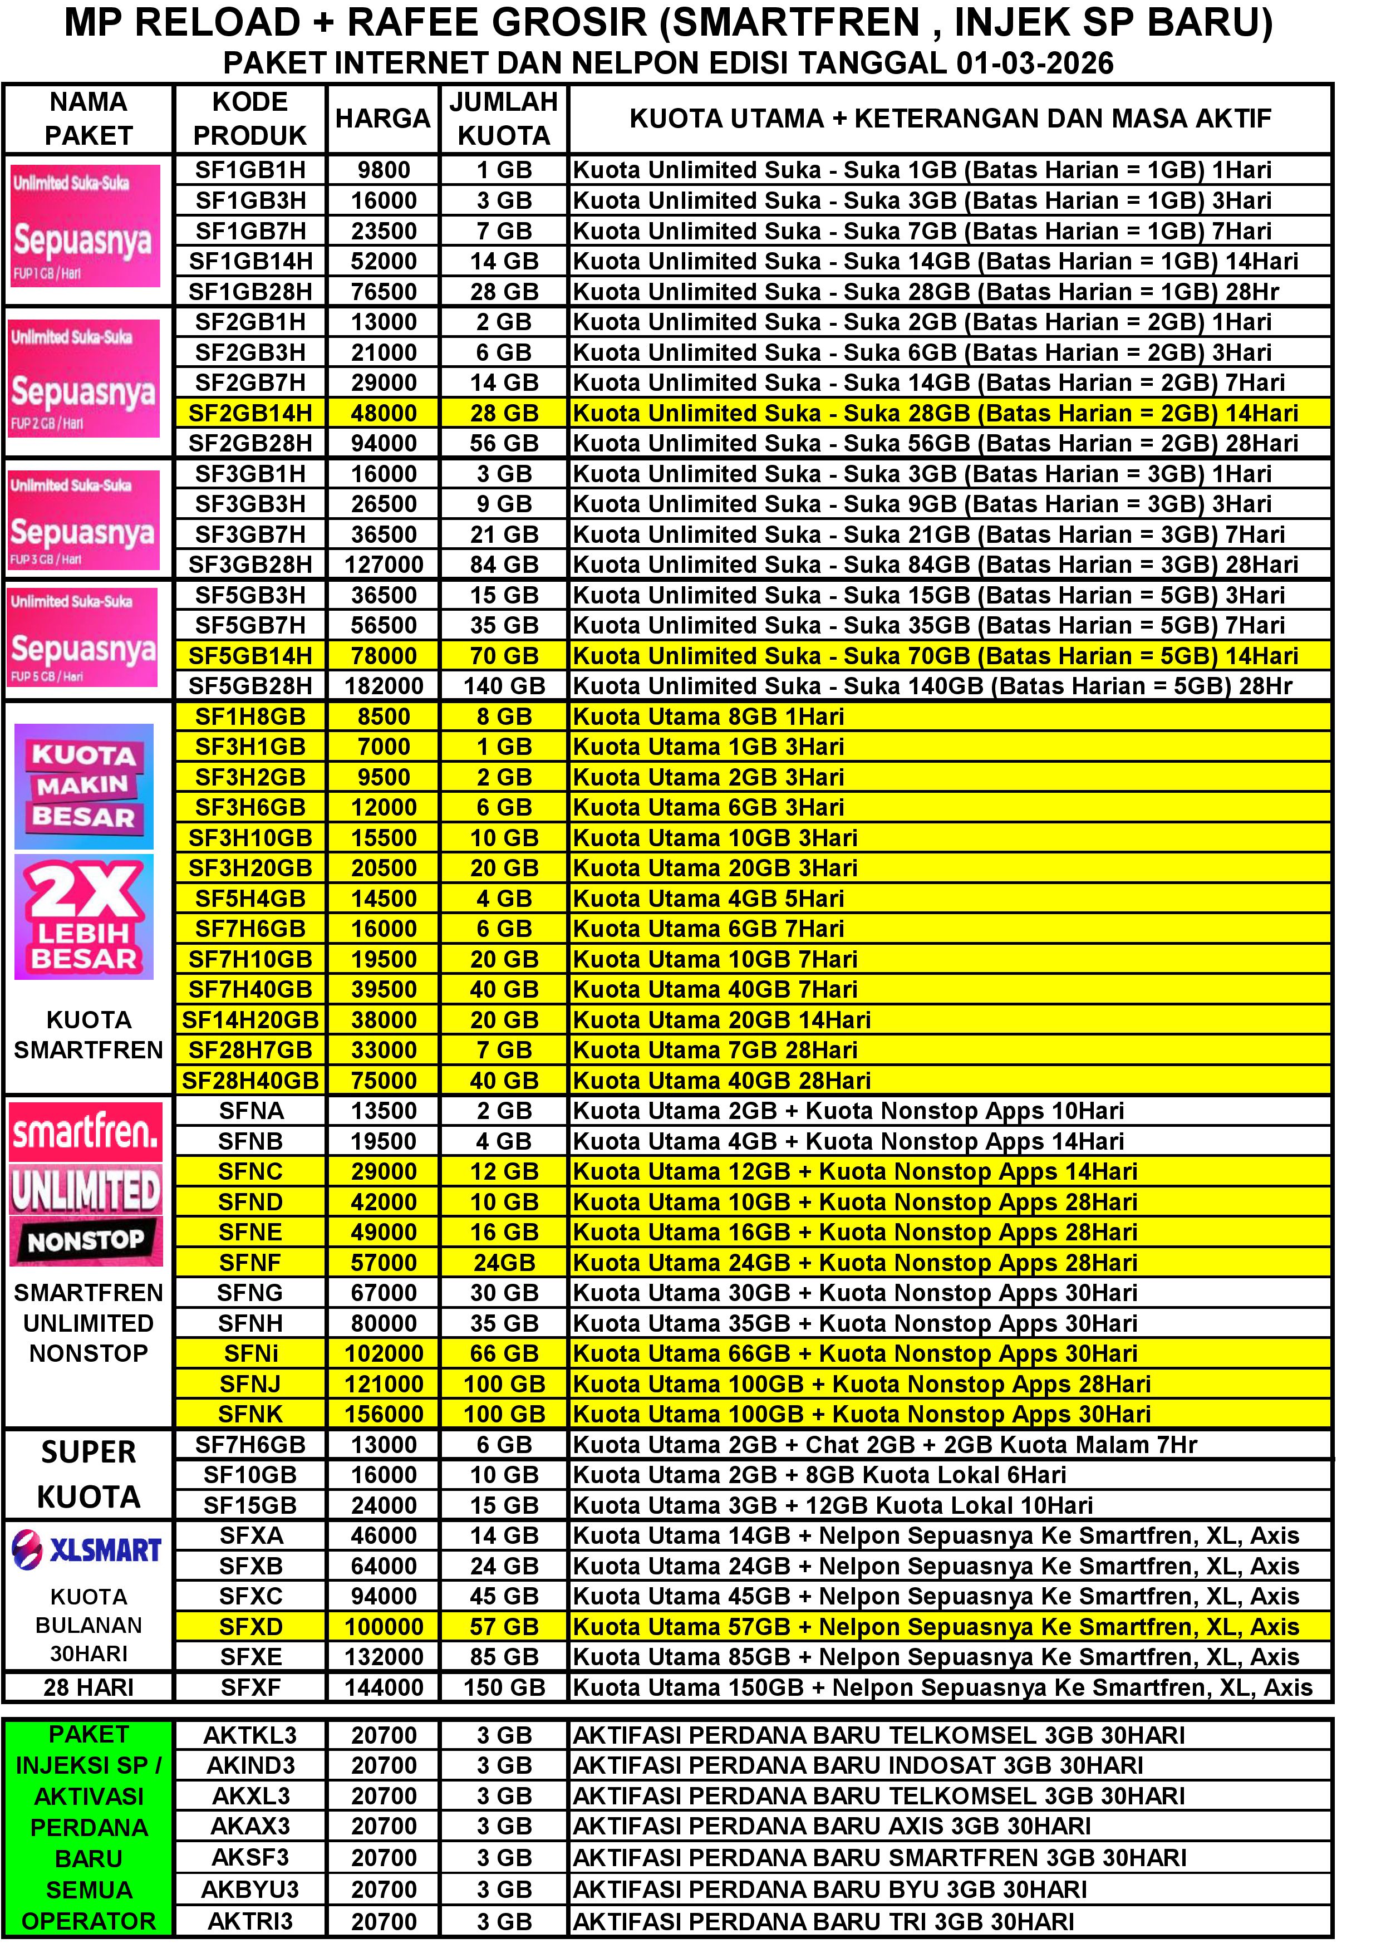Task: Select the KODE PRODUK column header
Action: (x=250, y=118)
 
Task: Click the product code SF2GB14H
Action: (x=250, y=414)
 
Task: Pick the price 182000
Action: (x=384, y=685)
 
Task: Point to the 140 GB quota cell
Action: (x=504, y=685)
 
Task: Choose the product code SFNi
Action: (x=250, y=1353)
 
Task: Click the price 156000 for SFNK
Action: (x=384, y=1414)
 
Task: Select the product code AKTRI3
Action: (x=250, y=1921)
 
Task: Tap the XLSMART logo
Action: (x=87, y=1550)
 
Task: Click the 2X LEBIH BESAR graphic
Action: (x=84, y=917)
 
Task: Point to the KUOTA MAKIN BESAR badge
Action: (x=84, y=786)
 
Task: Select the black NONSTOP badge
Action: (x=86, y=1241)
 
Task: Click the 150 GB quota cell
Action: (x=504, y=1687)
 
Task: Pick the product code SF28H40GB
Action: (x=250, y=1080)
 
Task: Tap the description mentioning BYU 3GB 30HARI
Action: (x=829, y=1889)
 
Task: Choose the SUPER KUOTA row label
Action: (x=89, y=1474)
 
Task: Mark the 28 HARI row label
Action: (x=89, y=1687)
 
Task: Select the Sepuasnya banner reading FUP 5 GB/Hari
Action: (x=83, y=637)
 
